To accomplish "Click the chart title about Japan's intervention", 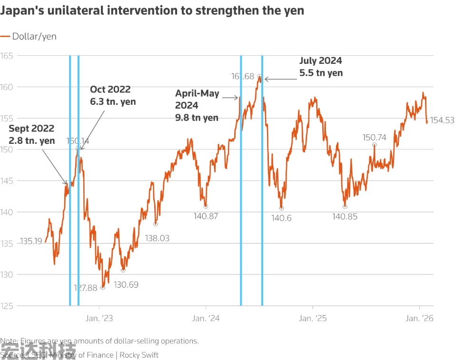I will click(152, 10).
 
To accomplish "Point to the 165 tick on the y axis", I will click(7, 56).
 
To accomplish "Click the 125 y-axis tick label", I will click(7, 306).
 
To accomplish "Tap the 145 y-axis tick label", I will click(7, 181).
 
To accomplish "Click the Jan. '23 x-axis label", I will click(101, 319).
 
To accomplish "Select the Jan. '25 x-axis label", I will click(313, 319).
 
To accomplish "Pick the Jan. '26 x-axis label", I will click(419, 319).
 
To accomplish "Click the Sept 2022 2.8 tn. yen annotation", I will click(31, 134).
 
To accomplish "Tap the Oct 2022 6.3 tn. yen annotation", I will click(113, 95).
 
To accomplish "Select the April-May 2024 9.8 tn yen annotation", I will click(197, 105).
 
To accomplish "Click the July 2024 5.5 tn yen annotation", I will click(321, 67).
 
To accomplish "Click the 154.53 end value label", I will click(442, 120).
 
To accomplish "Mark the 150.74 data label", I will click(374, 137).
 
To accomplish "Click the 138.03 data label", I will click(157, 238).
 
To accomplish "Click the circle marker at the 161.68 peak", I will click(259, 76).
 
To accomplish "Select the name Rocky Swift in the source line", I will click(139, 355).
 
